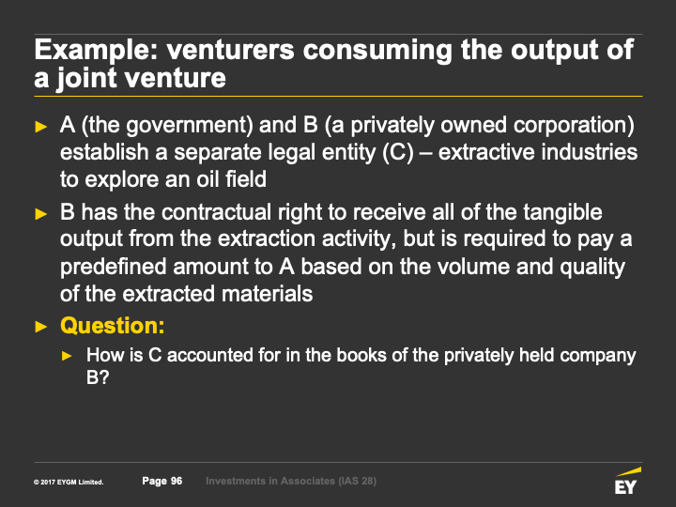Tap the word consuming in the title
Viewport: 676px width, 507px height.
coord(377,51)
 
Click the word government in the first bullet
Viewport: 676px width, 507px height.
coord(190,126)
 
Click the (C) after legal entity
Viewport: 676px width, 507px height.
coord(398,152)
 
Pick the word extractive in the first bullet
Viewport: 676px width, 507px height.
coord(485,152)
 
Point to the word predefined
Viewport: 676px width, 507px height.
coord(114,267)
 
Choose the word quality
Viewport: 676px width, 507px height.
coord(592,267)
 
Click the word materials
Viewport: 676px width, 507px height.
coord(267,294)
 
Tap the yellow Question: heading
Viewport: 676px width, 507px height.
coord(112,326)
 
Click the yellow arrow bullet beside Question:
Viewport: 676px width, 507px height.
coord(41,327)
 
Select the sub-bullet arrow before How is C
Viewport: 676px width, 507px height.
coord(67,356)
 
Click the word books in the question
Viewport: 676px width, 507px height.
coord(361,355)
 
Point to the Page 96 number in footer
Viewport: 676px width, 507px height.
coord(162,481)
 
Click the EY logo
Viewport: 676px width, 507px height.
coord(627,481)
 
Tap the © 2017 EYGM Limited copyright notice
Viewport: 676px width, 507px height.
coord(69,482)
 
